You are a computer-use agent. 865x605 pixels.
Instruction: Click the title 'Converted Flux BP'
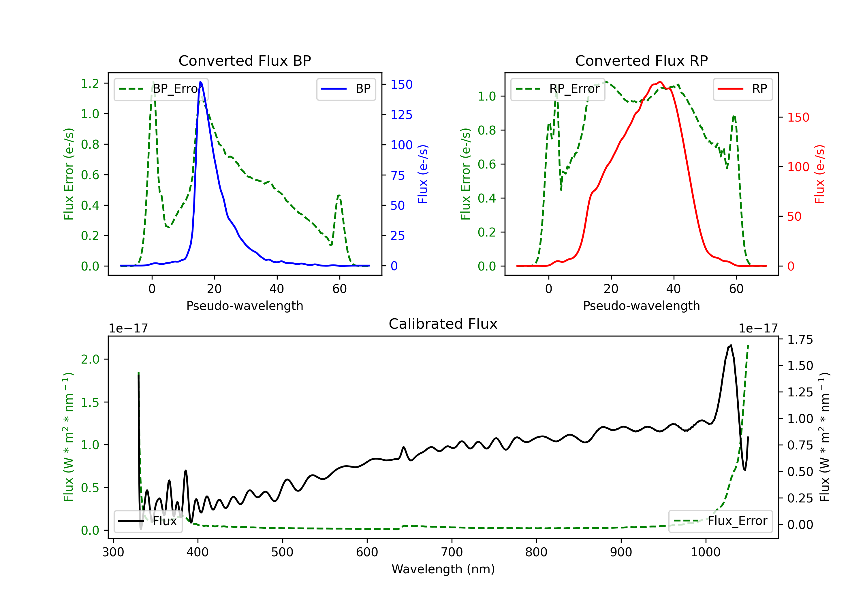[x=245, y=60]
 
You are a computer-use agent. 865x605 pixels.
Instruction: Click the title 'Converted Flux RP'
[x=641, y=60]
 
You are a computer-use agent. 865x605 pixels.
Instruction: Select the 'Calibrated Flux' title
[x=443, y=324]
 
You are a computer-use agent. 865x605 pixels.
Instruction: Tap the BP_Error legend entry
[x=161, y=89]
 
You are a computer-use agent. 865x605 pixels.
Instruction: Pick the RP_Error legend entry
[x=558, y=89]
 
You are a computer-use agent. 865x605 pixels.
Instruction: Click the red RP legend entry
[x=742, y=89]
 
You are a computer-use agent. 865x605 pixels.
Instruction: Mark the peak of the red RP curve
[x=660, y=82]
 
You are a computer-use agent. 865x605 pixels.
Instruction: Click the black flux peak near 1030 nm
[x=731, y=345]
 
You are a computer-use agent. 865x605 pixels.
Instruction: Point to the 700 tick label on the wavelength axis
[x=452, y=552]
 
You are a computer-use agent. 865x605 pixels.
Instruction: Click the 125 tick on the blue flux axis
[x=402, y=115]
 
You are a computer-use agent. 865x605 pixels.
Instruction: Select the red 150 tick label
[x=798, y=118]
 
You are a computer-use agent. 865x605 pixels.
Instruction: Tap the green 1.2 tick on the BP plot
[x=90, y=84]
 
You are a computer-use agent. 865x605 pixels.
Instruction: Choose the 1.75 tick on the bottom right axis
[x=801, y=340]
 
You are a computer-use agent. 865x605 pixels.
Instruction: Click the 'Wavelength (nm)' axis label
[x=443, y=569]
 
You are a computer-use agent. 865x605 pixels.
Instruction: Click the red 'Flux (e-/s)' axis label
[x=820, y=174]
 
